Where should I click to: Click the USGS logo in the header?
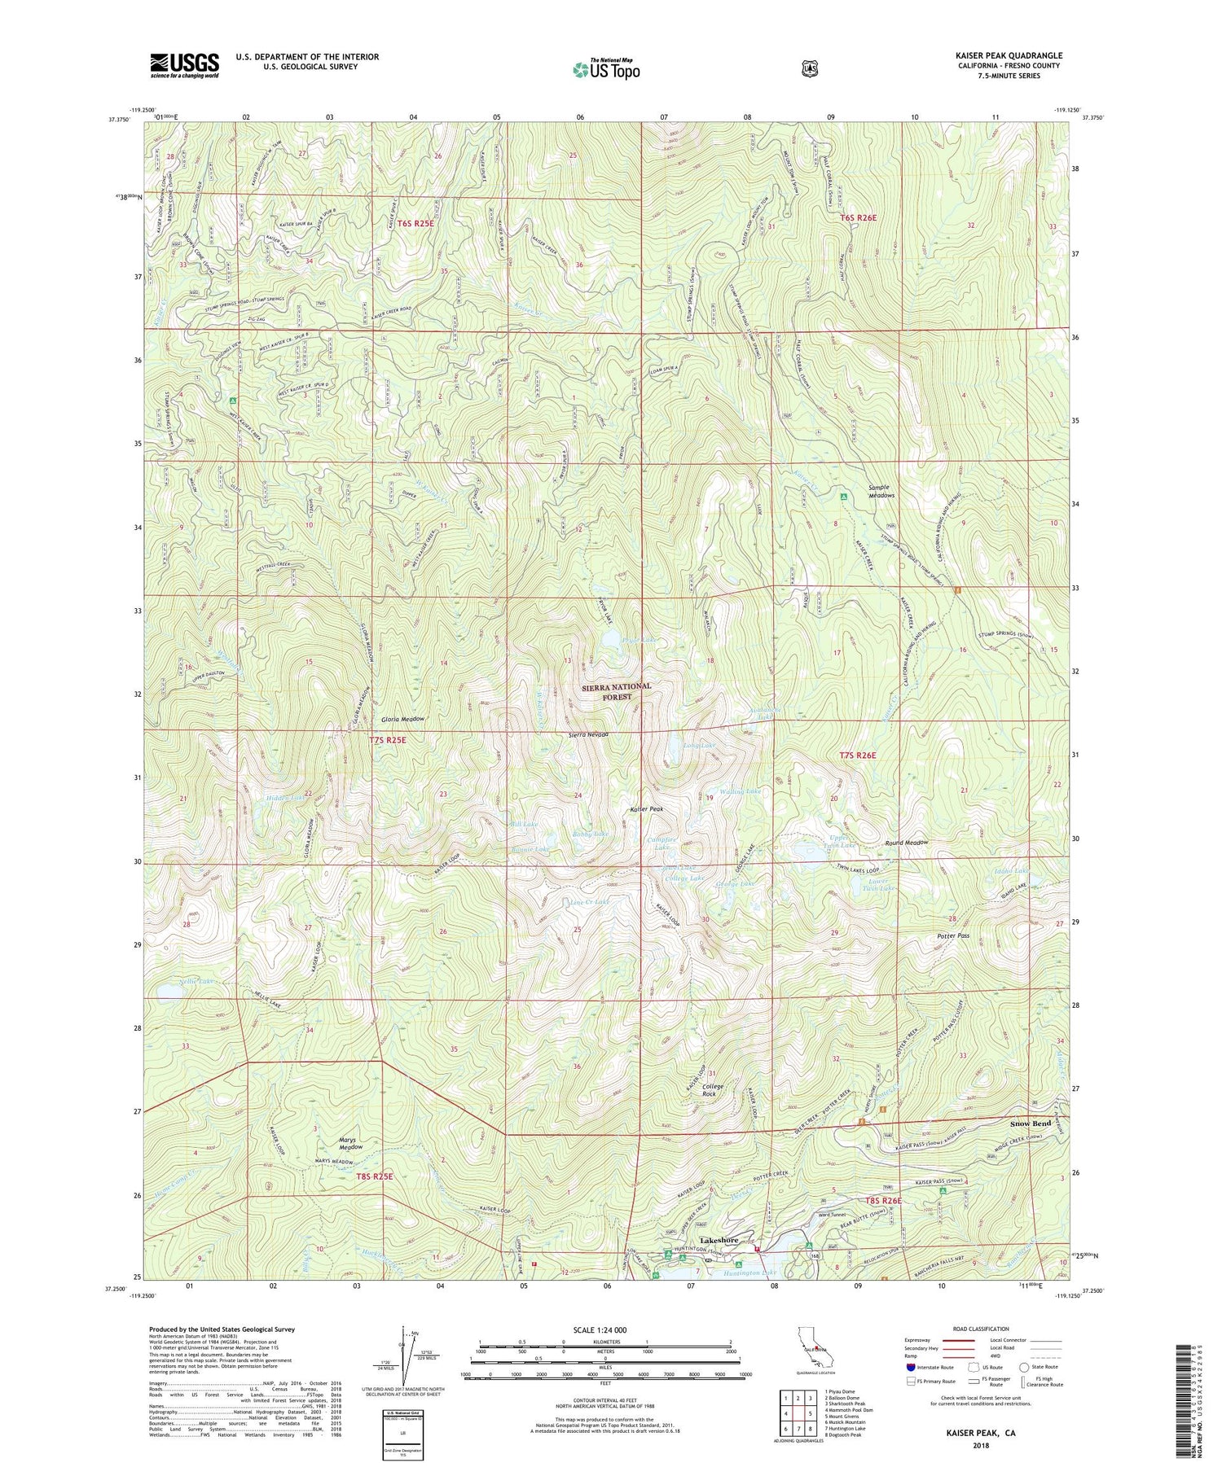pos(184,65)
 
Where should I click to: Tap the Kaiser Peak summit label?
pos(647,809)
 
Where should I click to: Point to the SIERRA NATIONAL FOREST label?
pos(617,691)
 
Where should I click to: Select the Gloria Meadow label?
pos(402,720)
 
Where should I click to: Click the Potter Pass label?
pos(952,936)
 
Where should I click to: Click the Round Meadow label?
pos(907,843)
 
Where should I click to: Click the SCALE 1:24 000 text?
pos(605,1329)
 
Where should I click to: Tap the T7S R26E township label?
pos(858,756)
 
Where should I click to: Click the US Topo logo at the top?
pos(606,68)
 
